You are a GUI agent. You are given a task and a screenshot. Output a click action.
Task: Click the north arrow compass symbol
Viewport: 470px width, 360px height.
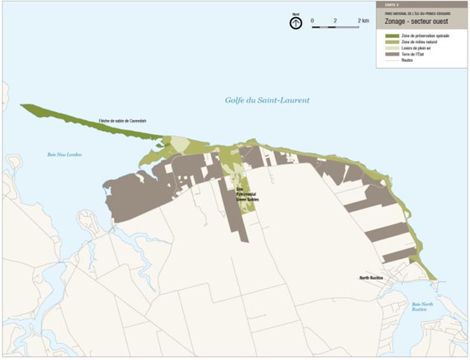(x=295, y=23)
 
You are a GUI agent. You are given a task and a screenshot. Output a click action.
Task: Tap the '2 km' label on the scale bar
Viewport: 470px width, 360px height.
(x=363, y=20)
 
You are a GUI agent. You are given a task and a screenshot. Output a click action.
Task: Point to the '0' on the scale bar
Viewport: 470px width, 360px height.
(x=313, y=20)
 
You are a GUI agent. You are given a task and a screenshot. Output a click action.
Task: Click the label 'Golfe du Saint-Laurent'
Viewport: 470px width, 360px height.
(x=267, y=100)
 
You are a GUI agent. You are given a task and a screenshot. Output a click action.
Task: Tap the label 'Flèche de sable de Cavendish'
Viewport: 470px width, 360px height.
(x=122, y=121)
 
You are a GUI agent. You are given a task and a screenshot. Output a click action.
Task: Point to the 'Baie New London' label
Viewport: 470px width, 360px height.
(x=64, y=154)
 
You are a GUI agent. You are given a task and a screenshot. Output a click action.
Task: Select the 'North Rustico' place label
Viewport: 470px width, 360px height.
(x=370, y=277)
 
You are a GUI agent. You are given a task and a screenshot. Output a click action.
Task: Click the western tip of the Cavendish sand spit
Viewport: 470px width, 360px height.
(x=22, y=107)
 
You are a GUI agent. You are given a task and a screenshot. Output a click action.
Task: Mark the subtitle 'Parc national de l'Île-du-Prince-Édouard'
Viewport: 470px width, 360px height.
(x=413, y=13)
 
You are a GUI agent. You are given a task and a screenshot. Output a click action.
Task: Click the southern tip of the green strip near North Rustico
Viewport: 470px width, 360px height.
(x=435, y=278)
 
